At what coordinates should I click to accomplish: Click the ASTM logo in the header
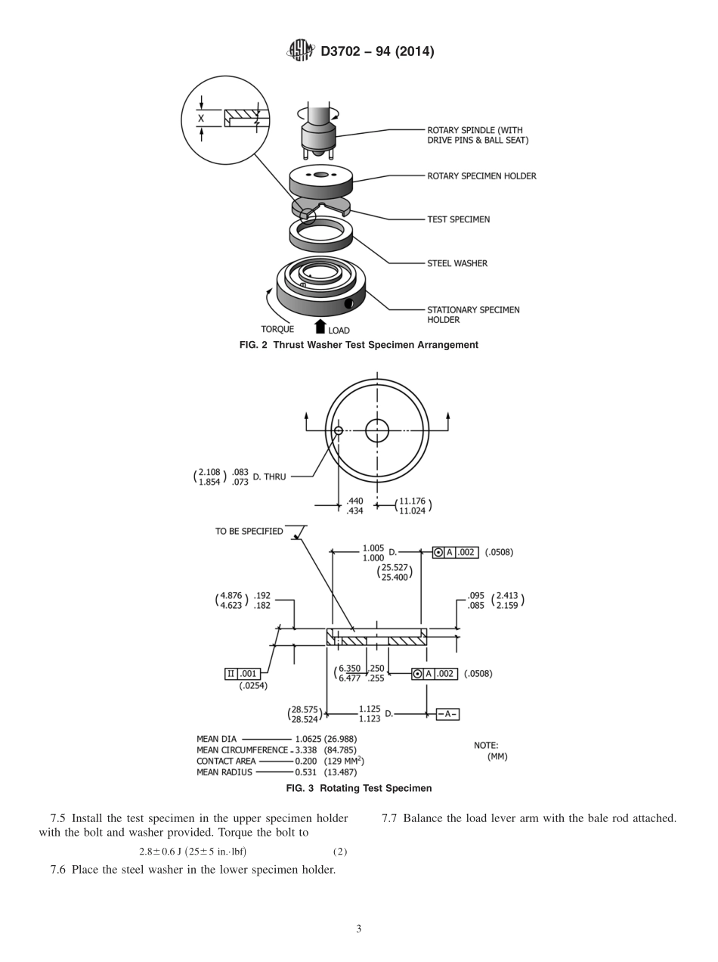coord(300,51)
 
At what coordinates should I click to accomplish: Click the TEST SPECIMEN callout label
coord(458,219)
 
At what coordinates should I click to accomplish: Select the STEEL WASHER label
coord(456,263)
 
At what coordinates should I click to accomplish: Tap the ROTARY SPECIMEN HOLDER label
coord(481,176)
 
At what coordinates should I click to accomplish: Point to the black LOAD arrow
coord(320,327)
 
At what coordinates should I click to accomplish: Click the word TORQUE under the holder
coord(277,329)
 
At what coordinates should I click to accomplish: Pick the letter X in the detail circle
coord(201,119)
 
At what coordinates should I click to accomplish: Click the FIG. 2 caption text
coord(358,345)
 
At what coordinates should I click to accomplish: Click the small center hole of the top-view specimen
coord(377,430)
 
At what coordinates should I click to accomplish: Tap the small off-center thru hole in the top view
coord(339,430)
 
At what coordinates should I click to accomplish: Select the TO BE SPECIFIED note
coord(249,531)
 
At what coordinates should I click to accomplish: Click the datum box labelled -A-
coord(447,714)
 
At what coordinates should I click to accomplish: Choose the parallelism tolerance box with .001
coord(243,674)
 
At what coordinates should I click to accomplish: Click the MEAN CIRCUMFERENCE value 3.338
coord(307,750)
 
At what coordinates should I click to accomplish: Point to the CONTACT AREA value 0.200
coord(307,761)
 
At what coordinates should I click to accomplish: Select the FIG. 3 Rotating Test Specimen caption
coord(358,788)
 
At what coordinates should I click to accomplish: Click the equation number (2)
coord(340,852)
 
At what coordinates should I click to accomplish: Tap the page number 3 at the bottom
coord(358,929)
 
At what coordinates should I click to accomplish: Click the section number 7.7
coord(390,818)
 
